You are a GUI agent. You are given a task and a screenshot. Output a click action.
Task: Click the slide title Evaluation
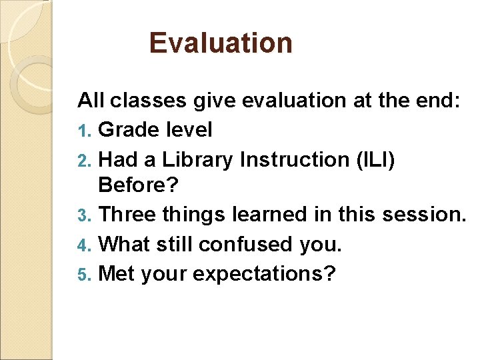pos(221,43)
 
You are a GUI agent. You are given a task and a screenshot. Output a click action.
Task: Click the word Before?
pos(139,187)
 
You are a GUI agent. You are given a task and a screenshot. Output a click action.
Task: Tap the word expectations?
pos(267,275)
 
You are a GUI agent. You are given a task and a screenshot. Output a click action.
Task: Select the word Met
pos(117,274)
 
